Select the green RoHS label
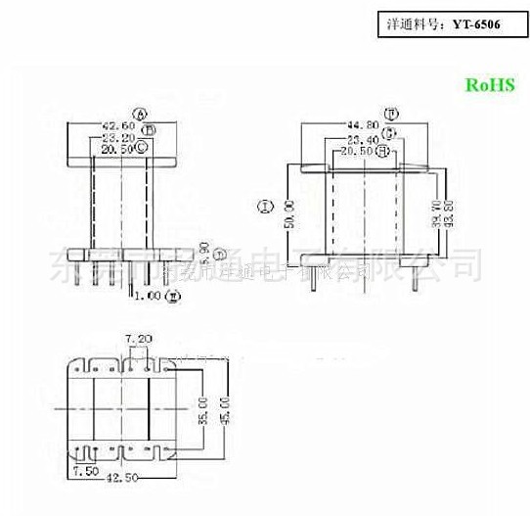(x=489, y=85)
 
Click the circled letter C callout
(x=143, y=147)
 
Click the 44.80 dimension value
(x=363, y=126)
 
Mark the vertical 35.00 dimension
(x=202, y=410)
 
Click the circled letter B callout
(x=148, y=128)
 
